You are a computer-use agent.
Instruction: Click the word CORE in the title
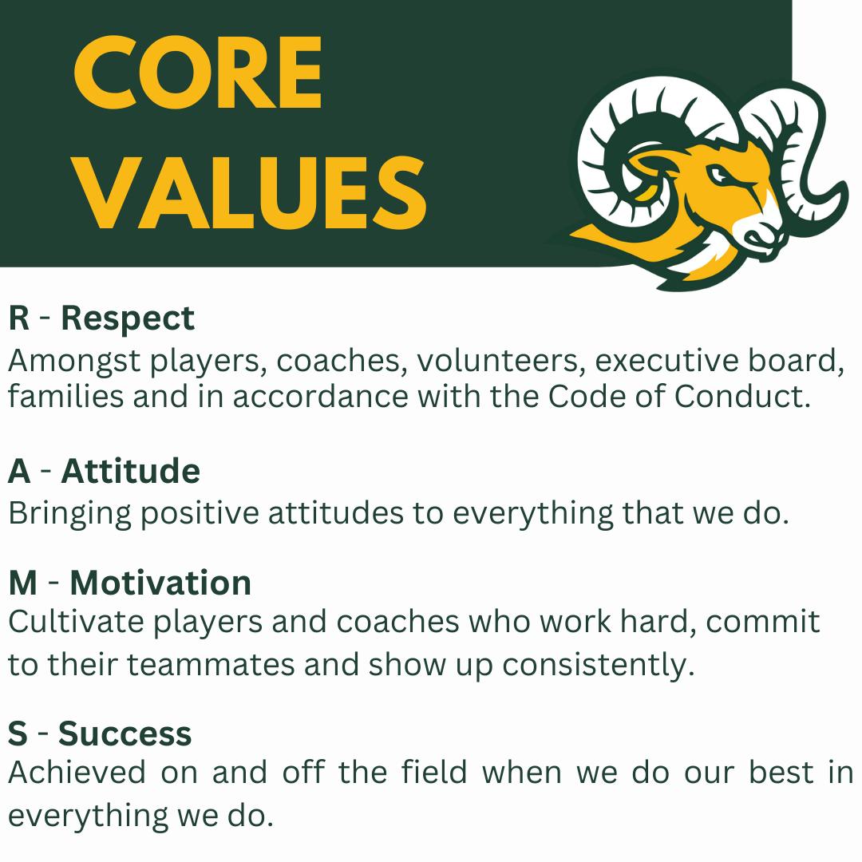pos(197,73)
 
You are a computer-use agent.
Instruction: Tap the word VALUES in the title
pos(250,193)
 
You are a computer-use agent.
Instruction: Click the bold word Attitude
pos(130,471)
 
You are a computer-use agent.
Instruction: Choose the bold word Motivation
pos(160,583)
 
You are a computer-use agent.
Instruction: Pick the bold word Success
pos(125,734)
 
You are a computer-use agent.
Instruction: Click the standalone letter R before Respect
pos(18,318)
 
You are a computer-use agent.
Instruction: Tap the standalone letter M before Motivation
pos(23,583)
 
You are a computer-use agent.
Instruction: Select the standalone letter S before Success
pos(18,734)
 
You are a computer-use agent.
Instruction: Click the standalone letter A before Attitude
pos(19,471)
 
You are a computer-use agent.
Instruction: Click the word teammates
pos(211,665)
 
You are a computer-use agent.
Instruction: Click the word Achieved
pos(77,773)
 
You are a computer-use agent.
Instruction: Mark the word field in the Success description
pos(433,772)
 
